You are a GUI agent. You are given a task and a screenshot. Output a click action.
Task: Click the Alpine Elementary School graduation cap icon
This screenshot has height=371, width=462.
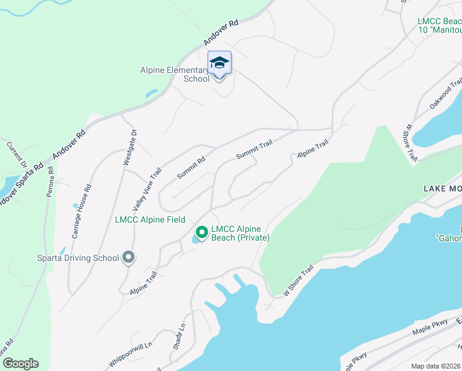click(219, 62)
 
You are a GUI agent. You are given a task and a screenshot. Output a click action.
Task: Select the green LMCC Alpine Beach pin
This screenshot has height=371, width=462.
click(201, 233)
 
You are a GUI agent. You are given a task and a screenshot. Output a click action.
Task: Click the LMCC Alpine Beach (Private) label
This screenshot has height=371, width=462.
click(240, 233)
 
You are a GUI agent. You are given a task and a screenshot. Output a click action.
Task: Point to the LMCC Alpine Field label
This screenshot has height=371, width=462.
click(149, 220)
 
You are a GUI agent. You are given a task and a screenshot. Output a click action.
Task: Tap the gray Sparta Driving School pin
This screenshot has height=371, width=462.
click(128, 257)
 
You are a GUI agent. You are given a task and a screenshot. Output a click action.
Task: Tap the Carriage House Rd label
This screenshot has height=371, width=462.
click(82, 203)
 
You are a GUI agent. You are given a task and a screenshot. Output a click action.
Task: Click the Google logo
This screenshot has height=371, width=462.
click(20, 364)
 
